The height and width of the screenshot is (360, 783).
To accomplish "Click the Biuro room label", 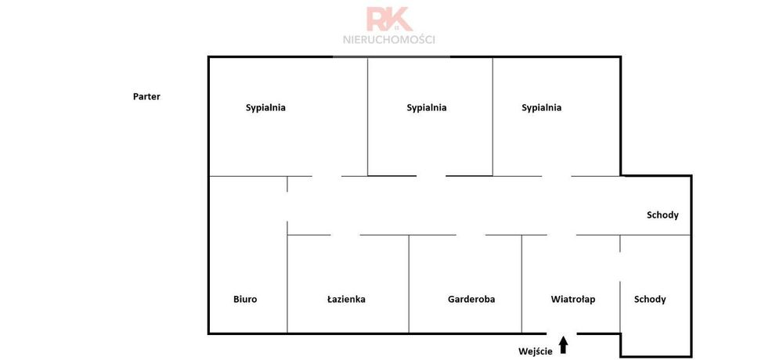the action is [x=245, y=300].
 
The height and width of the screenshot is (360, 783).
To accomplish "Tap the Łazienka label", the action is [x=346, y=300].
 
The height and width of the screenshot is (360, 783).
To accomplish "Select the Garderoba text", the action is [x=471, y=300].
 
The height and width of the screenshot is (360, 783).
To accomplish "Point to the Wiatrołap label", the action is [x=573, y=300].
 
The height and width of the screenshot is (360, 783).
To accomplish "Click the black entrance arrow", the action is [x=564, y=345].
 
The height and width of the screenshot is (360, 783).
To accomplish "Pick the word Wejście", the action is [x=535, y=351].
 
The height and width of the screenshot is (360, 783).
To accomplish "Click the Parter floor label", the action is [x=147, y=97].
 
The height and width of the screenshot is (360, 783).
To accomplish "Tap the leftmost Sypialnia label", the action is [x=265, y=108].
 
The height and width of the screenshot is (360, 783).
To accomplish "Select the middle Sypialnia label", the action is [x=427, y=108].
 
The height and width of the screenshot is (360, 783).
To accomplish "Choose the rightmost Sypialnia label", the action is [x=541, y=108].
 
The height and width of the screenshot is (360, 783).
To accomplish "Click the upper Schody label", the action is [x=662, y=215].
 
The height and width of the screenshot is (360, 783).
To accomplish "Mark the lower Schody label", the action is [x=650, y=300].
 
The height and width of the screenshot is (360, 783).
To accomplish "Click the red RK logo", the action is [x=389, y=19].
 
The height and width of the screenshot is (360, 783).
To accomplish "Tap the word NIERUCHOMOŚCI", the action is [x=389, y=40].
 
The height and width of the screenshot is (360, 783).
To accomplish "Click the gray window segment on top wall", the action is [x=391, y=57].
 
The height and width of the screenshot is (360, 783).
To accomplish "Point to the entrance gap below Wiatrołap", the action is [x=561, y=333].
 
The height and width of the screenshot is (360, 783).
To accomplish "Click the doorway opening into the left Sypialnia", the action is [x=327, y=176].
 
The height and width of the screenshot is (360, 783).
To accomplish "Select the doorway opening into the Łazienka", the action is [x=345, y=235].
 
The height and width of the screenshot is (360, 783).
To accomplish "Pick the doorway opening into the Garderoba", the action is [x=471, y=235].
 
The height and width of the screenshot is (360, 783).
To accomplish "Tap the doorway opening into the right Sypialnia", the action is [x=557, y=176].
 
